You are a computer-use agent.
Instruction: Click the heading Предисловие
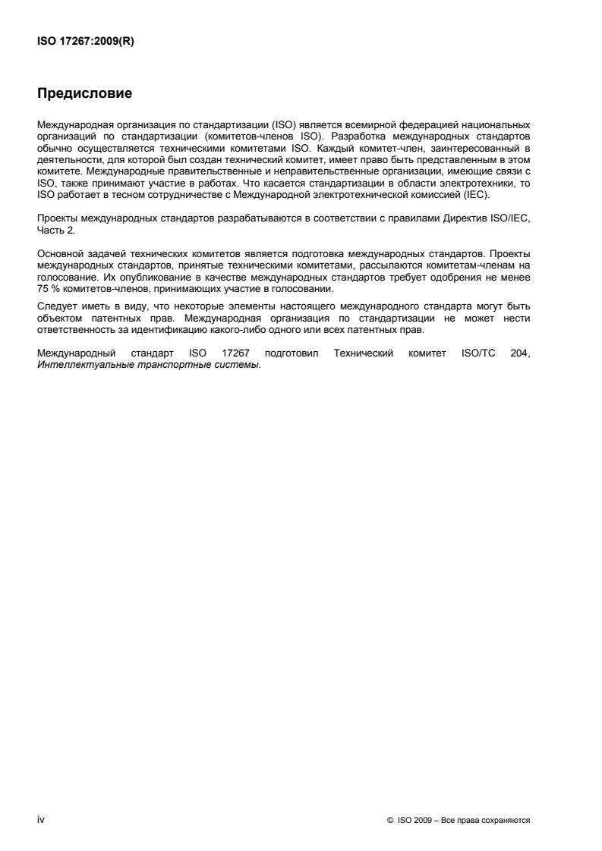pyautogui.click(x=84, y=95)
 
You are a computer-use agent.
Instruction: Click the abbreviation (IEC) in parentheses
pyautogui.click(x=479, y=195)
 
